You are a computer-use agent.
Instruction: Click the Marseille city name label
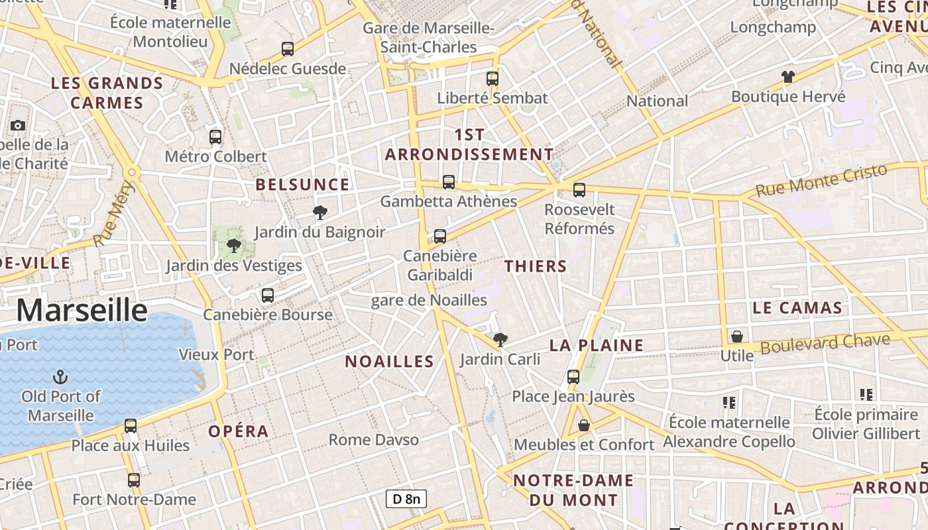coord(82,310)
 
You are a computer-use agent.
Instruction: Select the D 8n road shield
coord(406,499)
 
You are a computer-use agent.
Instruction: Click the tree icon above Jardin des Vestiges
coord(233,246)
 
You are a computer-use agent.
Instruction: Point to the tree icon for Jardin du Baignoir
coord(320,213)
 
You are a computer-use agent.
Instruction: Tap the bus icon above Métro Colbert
coord(215,137)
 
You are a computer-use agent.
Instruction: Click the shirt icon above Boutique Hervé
coord(787,77)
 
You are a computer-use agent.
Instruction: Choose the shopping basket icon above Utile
coord(736,337)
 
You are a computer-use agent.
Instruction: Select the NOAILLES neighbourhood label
coord(389,362)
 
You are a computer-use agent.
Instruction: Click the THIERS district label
coord(536,266)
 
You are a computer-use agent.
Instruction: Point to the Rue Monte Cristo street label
coord(821,180)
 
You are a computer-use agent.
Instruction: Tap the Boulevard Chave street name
coord(825,344)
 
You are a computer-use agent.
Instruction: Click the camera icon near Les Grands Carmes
coord(18,125)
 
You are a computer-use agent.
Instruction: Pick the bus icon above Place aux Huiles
coord(131,426)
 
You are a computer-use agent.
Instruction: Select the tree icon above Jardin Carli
coord(500,340)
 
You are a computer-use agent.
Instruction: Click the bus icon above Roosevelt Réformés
coord(579,190)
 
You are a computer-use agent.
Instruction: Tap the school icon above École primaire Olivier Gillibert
coord(866,395)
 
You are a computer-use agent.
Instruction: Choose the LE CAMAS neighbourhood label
coord(797,308)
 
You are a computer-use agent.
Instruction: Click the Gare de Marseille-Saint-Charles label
coord(429,38)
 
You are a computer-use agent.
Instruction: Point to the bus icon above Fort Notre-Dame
coord(134,480)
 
